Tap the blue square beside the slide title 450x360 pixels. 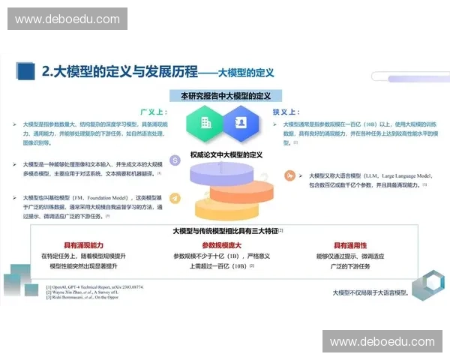pos(26,71)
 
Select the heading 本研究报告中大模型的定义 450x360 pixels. pos(225,96)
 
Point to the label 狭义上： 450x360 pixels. pos(286,109)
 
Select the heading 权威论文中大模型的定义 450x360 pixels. pos(225,155)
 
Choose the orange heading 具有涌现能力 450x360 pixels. pos(83,245)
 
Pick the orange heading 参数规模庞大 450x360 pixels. pos(222,245)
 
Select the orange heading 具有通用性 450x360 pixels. pos(350,245)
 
